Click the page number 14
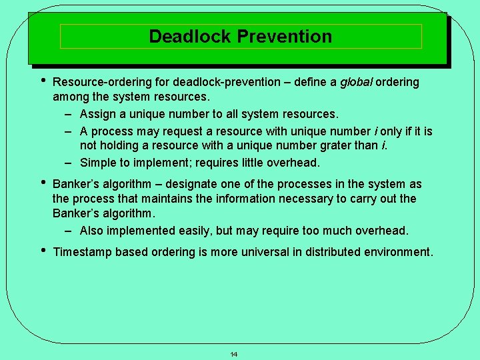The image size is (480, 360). pos(234,354)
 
